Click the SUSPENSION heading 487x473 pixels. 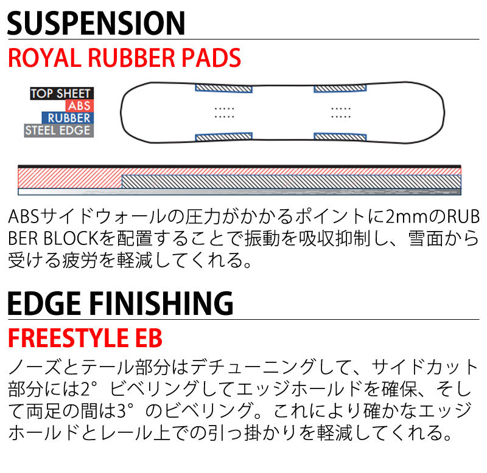click(x=96, y=23)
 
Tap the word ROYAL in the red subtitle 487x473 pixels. click(x=43, y=58)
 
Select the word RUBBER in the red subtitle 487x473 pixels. click(x=131, y=58)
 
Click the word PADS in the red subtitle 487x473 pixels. click(x=211, y=58)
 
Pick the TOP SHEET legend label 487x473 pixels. click(x=61, y=94)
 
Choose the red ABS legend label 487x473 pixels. click(x=79, y=106)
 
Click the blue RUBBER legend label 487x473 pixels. click(x=68, y=118)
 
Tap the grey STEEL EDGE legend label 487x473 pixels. click(x=58, y=131)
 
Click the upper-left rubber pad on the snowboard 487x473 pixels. click(x=223, y=88)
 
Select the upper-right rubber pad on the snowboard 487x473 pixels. click(x=340, y=88)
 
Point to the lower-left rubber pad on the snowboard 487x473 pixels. click(x=223, y=136)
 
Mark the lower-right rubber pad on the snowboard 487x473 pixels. click(x=340, y=137)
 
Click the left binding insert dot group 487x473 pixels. click(x=224, y=113)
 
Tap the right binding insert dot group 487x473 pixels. click(x=341, y=113)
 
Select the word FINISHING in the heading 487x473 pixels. click(x=161, y=303)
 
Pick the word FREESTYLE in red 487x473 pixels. click(x=68, y=338)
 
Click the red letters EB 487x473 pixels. click(x=149, y=338)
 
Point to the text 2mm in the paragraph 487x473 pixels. click(x=408, y=217)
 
